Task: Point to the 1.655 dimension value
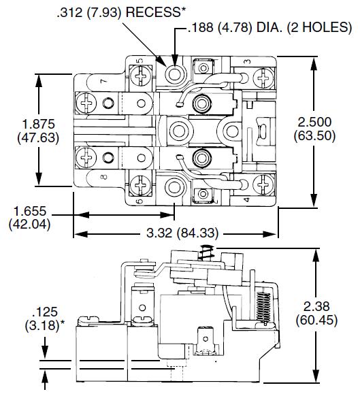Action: pyautogui.click(x=28, y=211)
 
